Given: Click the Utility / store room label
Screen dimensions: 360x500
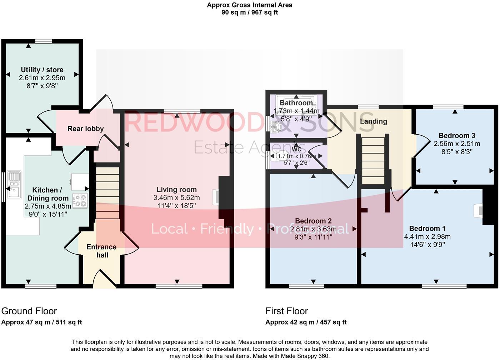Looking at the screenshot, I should (x=42, y=70).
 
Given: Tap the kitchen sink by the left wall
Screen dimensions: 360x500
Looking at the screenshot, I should (x=14, y=185).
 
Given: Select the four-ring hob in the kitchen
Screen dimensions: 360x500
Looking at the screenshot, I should (x=80, y=200).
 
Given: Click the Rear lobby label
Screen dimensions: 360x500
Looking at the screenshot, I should (x=86, y=129).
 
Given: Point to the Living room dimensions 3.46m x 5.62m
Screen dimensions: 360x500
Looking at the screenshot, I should (x=176, y=197).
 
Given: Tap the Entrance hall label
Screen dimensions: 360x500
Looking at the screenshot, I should (x=101, y=251).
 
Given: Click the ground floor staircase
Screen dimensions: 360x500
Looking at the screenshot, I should (x=107, y=193).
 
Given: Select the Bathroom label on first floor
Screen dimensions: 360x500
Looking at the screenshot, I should (x=296, y=103).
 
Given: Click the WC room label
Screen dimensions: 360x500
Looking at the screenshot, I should (x=296, y=149).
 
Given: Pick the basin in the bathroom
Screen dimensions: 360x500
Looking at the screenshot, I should (x=276, y=126).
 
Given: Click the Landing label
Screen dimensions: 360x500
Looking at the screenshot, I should (x=373, y=121).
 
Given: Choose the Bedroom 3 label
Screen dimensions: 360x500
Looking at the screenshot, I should (x=457, y=135).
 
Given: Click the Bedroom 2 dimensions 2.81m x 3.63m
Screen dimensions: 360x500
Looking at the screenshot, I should (x=313, y=229).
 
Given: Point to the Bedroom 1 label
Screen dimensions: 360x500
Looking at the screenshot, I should (x=427, y=228).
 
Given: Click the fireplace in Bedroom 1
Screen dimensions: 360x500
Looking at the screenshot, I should (x=478, y=211).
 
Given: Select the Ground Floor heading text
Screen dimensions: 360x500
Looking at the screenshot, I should (x=29, y=311).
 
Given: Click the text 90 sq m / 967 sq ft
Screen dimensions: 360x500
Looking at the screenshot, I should (x=250, y=12).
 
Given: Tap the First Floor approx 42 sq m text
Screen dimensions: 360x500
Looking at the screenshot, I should (x=306, y=322).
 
